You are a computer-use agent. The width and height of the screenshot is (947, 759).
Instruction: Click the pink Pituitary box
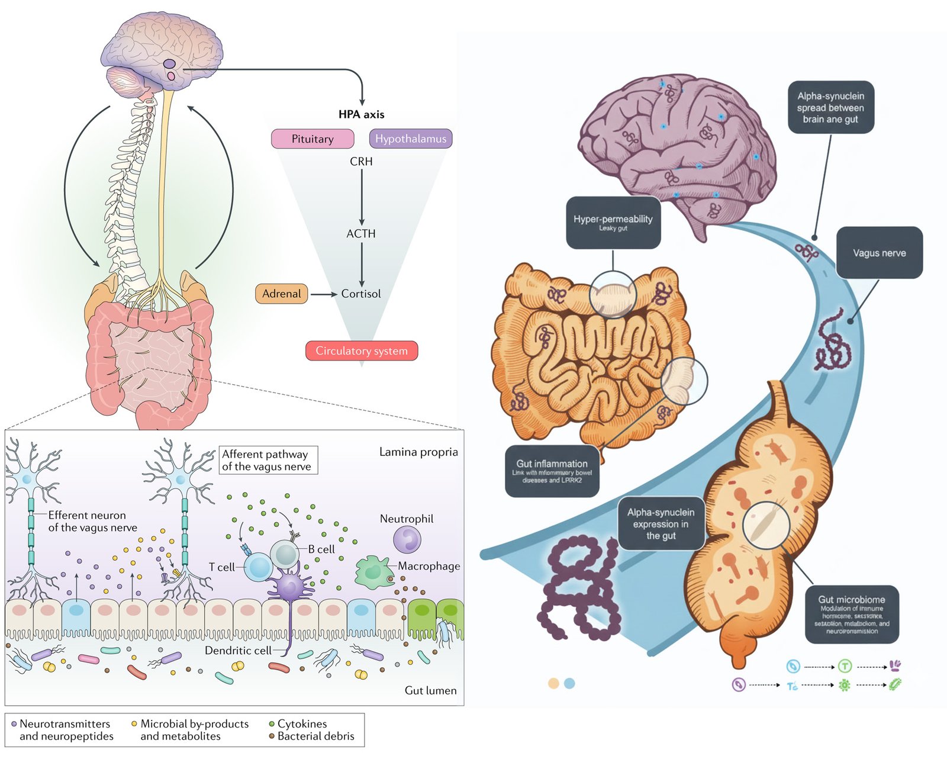313,139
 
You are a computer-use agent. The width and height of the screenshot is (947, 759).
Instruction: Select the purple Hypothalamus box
411,139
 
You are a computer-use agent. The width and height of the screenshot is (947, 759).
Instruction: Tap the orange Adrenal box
281,294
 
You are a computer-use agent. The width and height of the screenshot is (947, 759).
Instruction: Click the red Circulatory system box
361,350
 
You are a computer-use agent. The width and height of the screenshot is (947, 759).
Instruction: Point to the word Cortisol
360,294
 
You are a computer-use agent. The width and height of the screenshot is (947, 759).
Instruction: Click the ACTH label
361,234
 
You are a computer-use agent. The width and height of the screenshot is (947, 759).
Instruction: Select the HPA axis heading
361,114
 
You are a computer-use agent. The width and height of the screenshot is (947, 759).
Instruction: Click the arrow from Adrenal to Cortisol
323,294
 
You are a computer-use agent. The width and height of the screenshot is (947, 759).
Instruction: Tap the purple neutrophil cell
407,540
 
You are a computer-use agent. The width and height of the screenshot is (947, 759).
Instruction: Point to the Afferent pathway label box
268,460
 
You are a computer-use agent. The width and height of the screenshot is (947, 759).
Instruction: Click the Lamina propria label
418,452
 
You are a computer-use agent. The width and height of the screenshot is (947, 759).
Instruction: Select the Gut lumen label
430,690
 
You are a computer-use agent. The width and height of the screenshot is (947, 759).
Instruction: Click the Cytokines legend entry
302,723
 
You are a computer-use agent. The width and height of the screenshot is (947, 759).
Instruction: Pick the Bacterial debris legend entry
315,736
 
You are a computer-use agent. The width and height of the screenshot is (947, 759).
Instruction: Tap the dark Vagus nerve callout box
879,253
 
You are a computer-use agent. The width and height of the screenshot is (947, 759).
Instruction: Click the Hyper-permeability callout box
613,223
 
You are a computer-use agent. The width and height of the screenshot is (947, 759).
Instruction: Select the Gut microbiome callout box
852,615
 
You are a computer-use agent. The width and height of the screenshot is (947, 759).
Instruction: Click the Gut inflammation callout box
552,471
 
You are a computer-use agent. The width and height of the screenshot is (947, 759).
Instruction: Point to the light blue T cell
259,567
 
